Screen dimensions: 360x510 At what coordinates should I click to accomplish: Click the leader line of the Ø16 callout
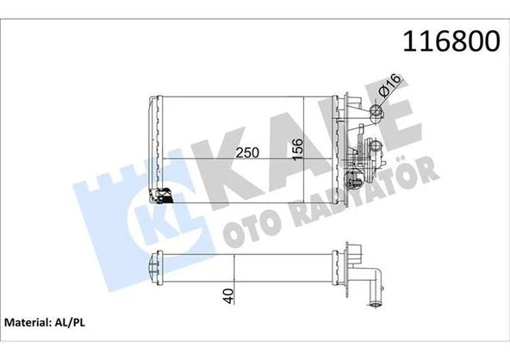[x=383, y=100]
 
